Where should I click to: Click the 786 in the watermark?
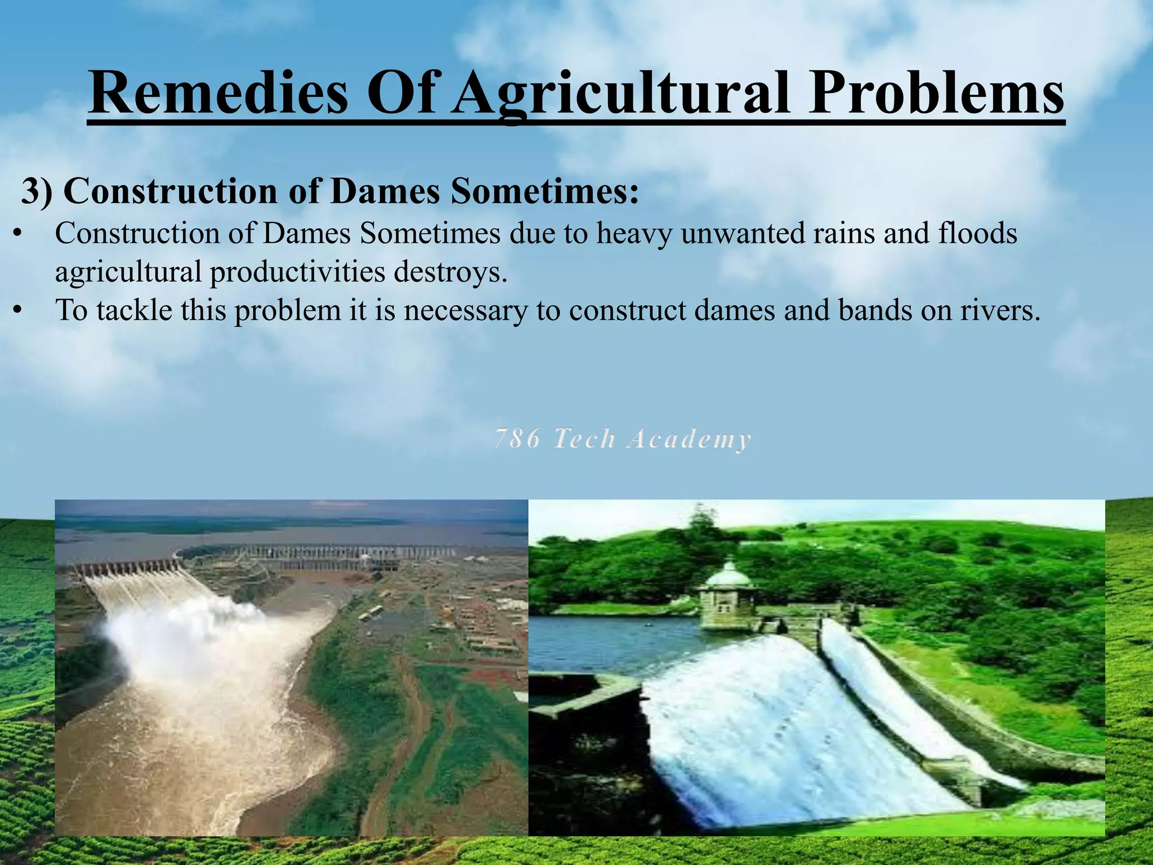517,439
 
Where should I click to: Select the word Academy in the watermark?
689,439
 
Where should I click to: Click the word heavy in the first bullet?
634,233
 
